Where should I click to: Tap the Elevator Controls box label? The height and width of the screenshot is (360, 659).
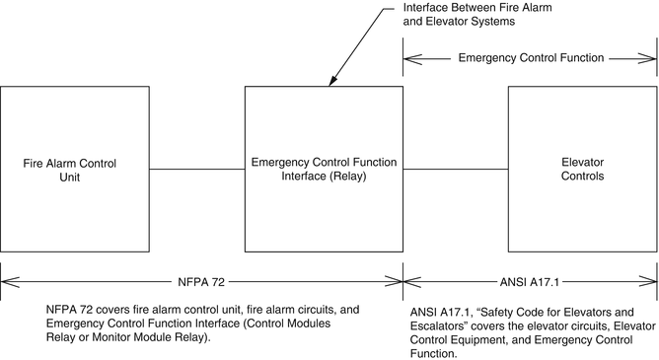pyautogui.click(x=581, y=169)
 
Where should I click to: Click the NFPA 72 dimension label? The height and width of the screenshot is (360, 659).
pyautogui.click(x=203, y=280)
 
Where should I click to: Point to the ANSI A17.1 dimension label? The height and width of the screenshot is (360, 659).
pyautogui.click(x=531, y=280)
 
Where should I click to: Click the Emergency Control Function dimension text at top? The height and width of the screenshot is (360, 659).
pyautogui.click(x=531, y=58)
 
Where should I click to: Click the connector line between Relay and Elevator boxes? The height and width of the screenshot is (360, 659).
pyautogui.click(x=455, y=169)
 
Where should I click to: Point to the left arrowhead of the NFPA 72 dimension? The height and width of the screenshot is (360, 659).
pyautogui.click(x=7, y=280)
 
